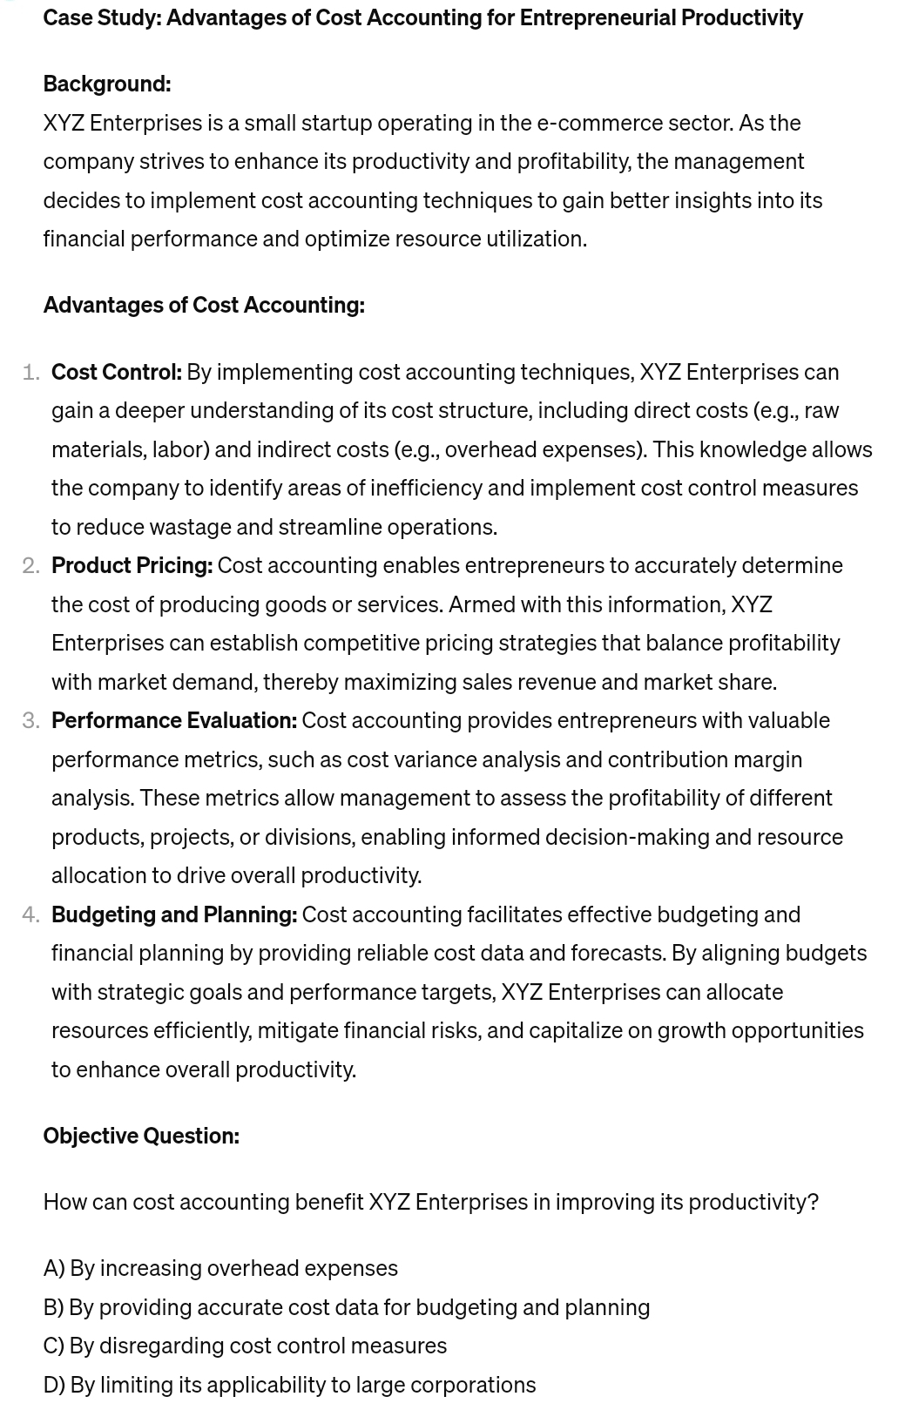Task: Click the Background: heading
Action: [106, 84]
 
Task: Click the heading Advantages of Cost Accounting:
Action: [204, 305]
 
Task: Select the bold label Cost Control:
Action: [117, 372]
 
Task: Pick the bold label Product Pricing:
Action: [132, 565]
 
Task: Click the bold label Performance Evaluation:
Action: [174, 720]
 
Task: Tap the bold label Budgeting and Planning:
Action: [174, 914]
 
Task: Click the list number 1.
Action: [30, 373]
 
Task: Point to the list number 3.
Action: [30, 721]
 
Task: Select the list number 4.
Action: [30, 915]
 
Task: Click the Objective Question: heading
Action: [141, 1136]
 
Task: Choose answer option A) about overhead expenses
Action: [220, 1268]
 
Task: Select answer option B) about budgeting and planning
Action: [346, 1307]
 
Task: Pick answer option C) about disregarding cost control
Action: [245, 1346]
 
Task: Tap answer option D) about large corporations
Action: [289, 1385]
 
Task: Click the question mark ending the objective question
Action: [813, 1202]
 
